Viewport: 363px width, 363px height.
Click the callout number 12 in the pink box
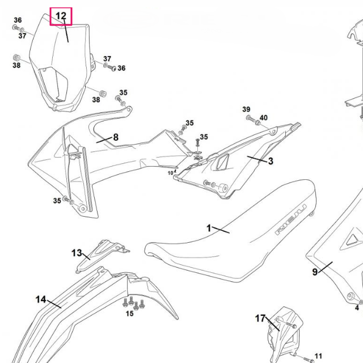(x=61, y=16)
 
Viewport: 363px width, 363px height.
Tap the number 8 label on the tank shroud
(x=116, y=137)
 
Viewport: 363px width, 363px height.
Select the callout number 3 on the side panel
(x=271, y=161)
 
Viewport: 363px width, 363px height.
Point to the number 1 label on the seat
(x=209, y=228)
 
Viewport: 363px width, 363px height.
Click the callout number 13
(x=77, y=253)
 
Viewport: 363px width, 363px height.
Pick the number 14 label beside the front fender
(x=41, y=299)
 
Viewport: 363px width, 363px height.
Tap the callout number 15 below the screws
(x=130, y=313)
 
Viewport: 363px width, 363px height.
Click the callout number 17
(x=260, y=319)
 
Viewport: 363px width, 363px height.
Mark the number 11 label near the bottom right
(x=318, y=356)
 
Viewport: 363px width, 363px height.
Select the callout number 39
(x=246, y=109)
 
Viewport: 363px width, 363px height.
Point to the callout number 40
(x=263, y=118)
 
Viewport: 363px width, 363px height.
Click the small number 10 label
(x=170, y=172)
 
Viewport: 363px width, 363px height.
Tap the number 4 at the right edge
(x=357, y=308)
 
